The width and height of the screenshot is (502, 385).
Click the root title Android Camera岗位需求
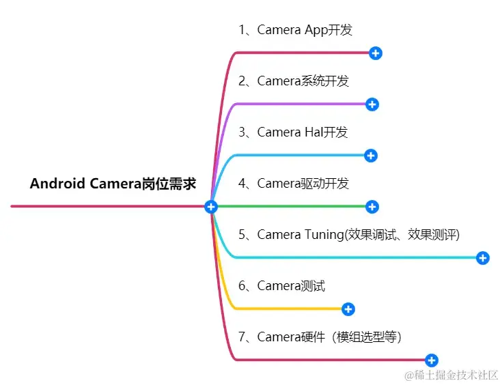point(113,184)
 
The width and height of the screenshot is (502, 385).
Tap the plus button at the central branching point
point(211,206)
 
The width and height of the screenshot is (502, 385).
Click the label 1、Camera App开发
point(295,29)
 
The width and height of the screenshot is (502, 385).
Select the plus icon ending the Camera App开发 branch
point(375,53)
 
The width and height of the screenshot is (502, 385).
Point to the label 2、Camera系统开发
point(294,81)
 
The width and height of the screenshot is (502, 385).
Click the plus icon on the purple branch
point(372,104)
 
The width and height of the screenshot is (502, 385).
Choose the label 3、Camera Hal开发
point(293,132)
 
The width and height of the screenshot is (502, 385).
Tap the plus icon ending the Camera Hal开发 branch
point(371,156)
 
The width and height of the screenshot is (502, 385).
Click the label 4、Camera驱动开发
point(294,183)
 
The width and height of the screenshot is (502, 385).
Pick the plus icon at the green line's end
point(372,206)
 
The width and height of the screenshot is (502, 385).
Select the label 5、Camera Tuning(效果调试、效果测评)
point(349,234)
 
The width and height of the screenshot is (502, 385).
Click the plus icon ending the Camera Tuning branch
point(483,258)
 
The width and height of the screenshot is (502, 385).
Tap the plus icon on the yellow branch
point(348,309)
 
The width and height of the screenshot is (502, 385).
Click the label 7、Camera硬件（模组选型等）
point(320,337)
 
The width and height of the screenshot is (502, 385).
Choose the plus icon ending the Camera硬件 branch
point(431,360)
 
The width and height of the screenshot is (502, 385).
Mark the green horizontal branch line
point(294,206)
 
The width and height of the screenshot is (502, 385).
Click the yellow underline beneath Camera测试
point(287,309)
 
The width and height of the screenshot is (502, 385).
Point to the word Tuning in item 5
point(322,234)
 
